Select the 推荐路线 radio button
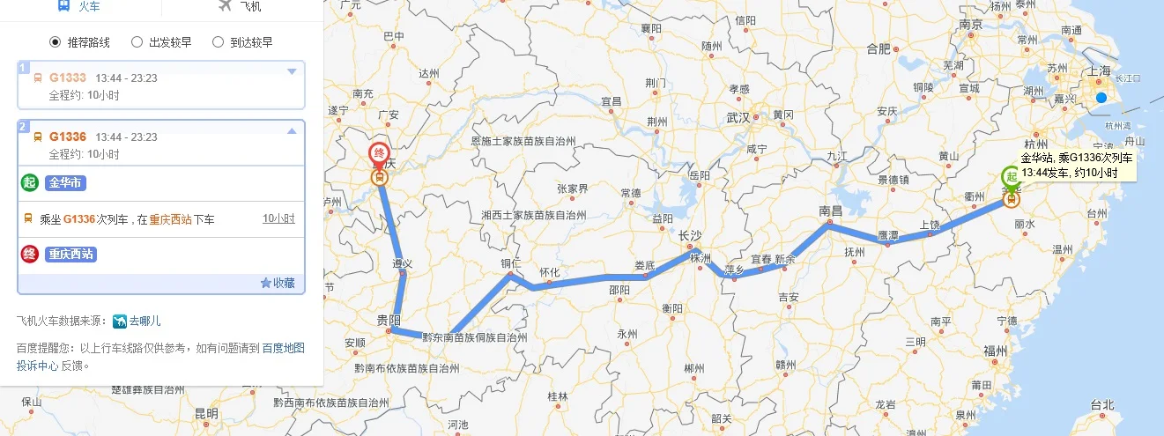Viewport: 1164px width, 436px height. tap(55, 41)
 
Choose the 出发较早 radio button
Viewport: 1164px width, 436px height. tap(137, 41)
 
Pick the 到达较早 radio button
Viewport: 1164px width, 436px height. tap(219, 41)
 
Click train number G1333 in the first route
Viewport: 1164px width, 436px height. tap(67, 78)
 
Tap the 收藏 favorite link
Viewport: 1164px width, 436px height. tap(278, 283)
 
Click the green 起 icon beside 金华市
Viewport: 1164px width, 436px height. tap(29, 182)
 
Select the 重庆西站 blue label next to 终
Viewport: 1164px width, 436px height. tap(70, 255)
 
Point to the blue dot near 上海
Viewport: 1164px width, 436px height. tap(1101, 97)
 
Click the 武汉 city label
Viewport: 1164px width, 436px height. tap(738, 117)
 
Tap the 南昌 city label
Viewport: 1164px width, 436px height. tap(831, 211)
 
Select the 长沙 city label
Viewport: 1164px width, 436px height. tap(689, 235)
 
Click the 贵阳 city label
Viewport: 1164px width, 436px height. tap(388, 319)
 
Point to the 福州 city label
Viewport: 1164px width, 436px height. tap(996, 351)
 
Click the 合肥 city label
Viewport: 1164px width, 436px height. tap(879, 48)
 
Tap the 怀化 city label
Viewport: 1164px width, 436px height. tap(549, 273)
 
